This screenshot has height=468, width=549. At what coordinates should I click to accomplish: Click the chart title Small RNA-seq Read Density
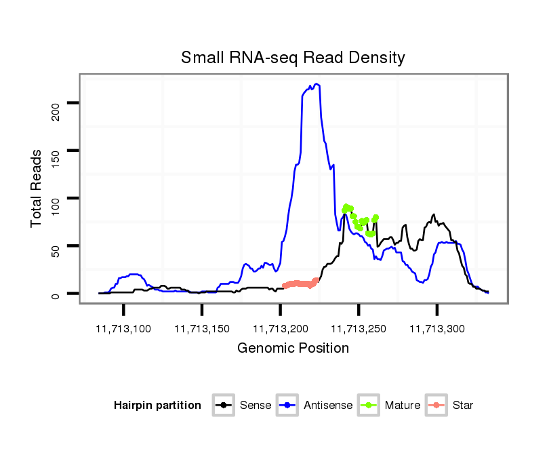pyautogui.click(x=292, y=58)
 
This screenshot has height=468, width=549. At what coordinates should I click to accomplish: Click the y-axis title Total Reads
pyautogui.click(x=37, y=189)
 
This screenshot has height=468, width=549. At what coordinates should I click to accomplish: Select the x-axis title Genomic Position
pyautogui.click(x=293, y=349)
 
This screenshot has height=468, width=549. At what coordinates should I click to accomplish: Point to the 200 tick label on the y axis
pyautogui.click(x=56, y=112)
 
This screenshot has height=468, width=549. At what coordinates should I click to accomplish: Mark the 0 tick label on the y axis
pyautogui.click(x=56, y=294)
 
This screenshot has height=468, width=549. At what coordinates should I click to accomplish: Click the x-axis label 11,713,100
pyautogui.click(x=123, y=329)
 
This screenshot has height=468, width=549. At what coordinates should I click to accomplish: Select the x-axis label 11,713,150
pyautogui.click(x=202, y=329)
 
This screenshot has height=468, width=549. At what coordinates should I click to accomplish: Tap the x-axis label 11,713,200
pyautogui.click(x=280, y=329)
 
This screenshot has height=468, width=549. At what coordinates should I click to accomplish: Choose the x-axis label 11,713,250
pyautogui.click(x=359, y=329)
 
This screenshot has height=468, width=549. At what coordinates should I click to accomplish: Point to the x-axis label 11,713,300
pyautogui.click(x=436, y=329)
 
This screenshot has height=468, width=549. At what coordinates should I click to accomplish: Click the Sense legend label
pyautogui.click(x=256, y=406)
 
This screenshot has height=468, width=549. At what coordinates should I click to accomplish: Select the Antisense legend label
pyautogui.click(x=327, y=406)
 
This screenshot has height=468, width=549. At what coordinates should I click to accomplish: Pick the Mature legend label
pyautogui.click(x=402, y=406)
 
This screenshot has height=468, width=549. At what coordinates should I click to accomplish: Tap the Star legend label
pyautogui.click(x=462, y=406)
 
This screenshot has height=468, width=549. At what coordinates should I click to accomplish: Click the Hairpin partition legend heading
pyautogui.click(x=157, y=406)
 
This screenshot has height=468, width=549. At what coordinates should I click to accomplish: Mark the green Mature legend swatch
pyautogui.click(x=370, y=406)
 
